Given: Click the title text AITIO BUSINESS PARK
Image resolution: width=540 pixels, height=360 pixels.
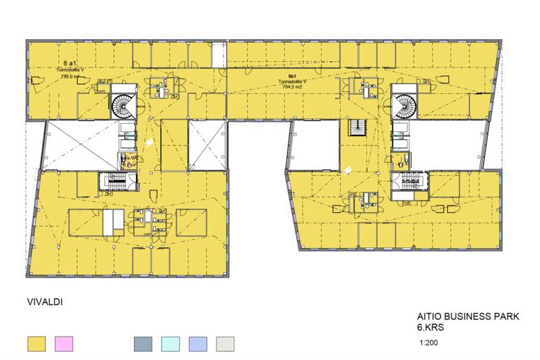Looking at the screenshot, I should click(468, 317).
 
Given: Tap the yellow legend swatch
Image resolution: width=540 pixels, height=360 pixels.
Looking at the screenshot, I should click(36, 344).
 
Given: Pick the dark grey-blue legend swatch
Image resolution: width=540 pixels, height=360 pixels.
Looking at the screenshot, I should click(142, 344).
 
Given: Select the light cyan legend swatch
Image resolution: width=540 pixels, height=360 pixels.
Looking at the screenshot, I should click(170, 344).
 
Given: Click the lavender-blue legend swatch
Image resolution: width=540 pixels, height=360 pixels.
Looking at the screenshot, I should click(197, 344).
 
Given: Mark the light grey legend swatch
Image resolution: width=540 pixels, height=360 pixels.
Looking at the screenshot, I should click(225, 344).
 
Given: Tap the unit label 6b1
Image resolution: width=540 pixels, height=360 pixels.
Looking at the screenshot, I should click(292, 74).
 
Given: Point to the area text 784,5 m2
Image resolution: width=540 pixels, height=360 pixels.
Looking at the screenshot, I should click(292, 87).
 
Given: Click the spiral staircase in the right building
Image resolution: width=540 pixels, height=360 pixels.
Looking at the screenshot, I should click(405, 105).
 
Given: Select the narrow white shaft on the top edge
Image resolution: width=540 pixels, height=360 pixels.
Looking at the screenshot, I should click(218, 54).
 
